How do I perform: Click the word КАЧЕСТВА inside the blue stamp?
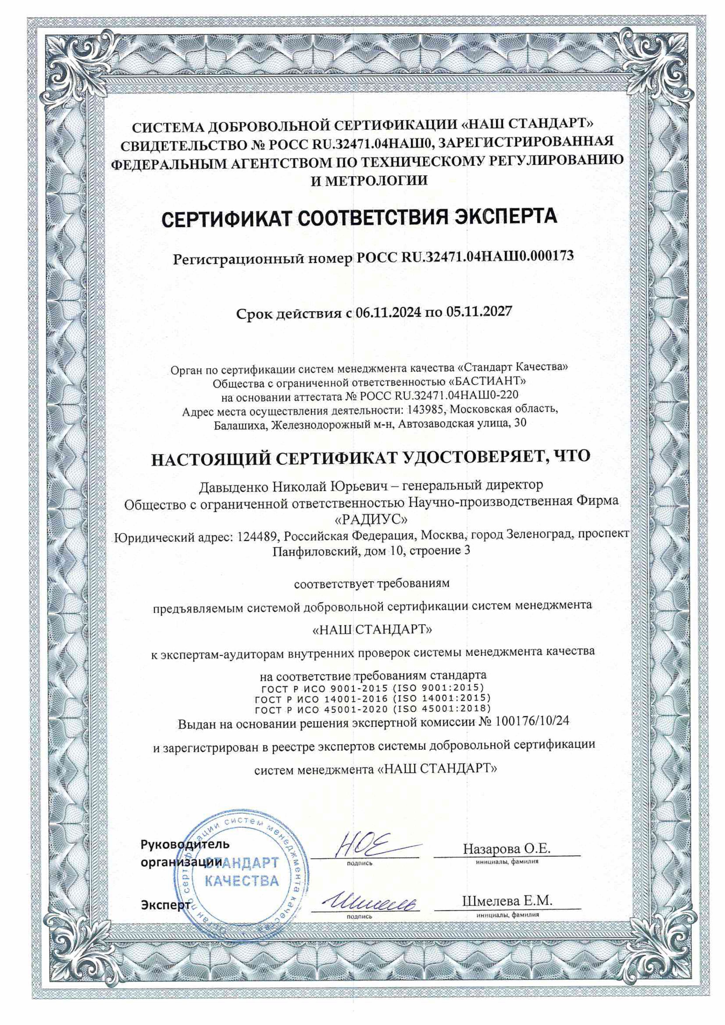tap(241, 881)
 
